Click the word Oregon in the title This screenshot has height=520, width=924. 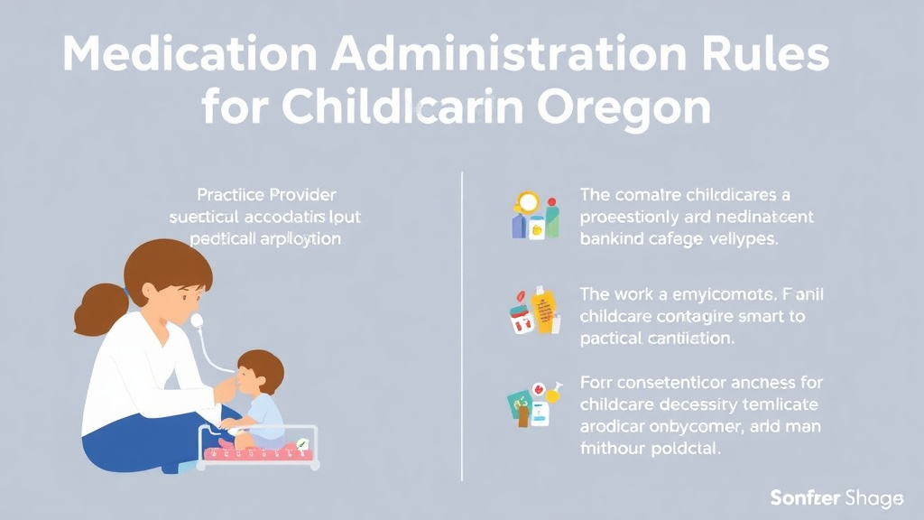[623, 109]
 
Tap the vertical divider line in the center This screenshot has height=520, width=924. [462, 325]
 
